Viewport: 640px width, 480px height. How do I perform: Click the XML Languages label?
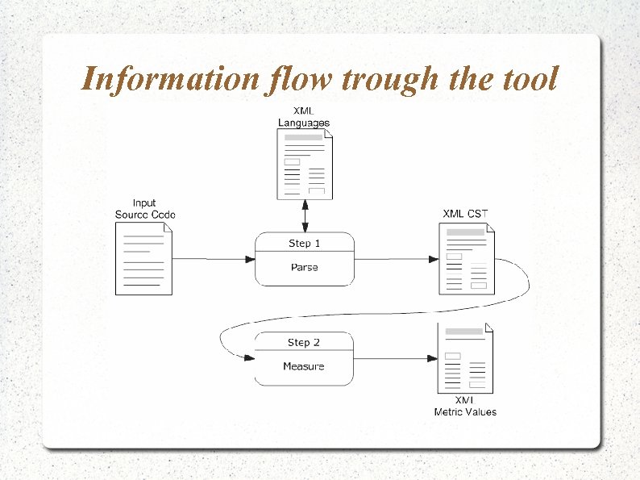[x=304, y=116]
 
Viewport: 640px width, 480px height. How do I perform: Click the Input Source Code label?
[x=145, y=208]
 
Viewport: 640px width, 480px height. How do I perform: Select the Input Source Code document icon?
[x=144, y=258]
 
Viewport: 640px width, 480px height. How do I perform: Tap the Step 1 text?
[x=305, y=242]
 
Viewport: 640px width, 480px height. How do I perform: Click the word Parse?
[x=305, y=267]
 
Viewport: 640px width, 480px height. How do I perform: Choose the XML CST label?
[x=465, y=214]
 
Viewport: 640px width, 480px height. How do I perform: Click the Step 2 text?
[x=304, y=342]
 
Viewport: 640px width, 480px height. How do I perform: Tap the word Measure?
[x=304, y=366]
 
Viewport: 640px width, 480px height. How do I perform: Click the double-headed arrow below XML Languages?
[x=305, y=215]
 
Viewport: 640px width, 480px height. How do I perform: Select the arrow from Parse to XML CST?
[x=396, y=259]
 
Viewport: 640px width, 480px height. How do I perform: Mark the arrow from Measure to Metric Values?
[x=396, y=358]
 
